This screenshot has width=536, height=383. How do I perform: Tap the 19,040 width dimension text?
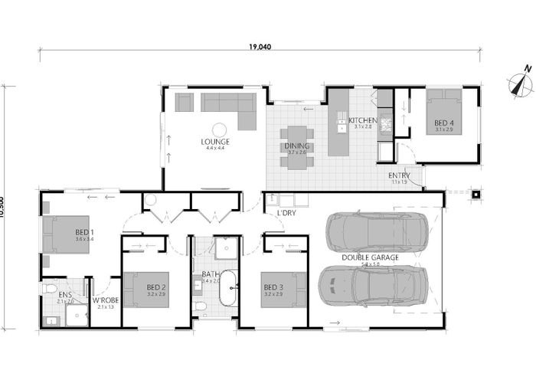(260, 47)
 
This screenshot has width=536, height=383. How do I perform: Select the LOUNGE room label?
(216, 142)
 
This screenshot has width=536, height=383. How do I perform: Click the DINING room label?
(297, 146)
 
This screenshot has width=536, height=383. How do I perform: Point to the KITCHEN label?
(361, 121)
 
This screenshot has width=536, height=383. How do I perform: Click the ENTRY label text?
(400, 175)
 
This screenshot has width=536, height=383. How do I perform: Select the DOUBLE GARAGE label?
(370, 258)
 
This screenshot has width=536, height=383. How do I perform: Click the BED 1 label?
(84, 232)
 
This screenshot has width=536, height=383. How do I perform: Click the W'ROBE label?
(106, 300)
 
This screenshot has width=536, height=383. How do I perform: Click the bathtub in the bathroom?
(227, 296)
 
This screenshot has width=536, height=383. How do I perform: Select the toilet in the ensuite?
(51, 289)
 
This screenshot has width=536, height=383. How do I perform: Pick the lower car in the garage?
(368, 286)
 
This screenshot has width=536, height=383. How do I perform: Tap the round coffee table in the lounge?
(218, 129)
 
